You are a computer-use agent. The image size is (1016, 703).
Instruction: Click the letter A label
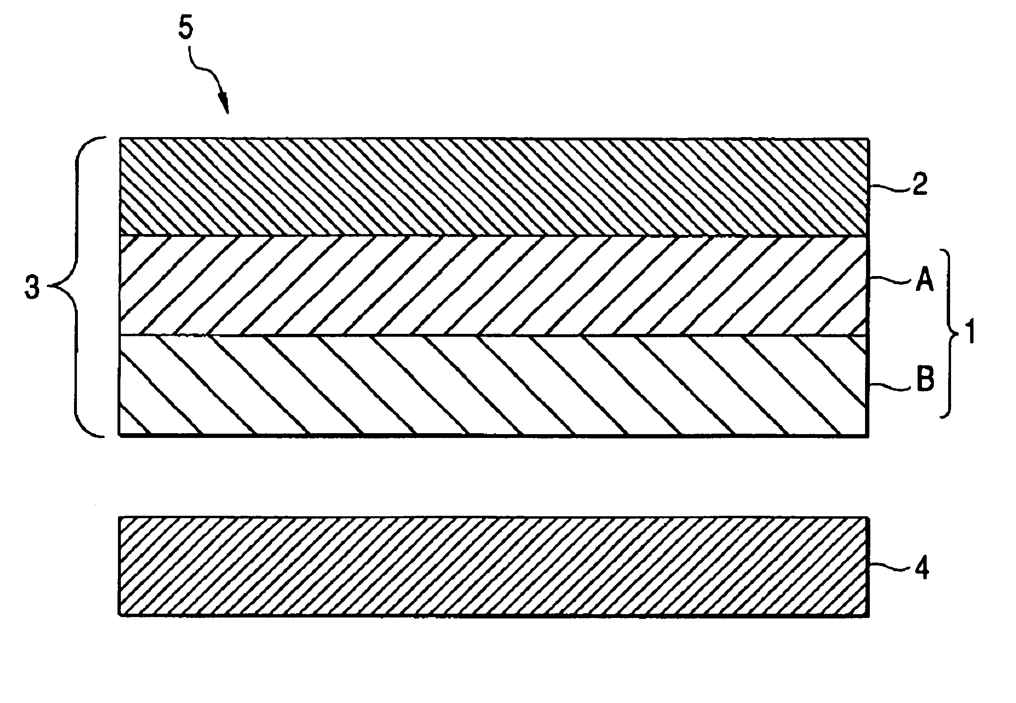[923, 282]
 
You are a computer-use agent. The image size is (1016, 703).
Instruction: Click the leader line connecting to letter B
[891, 387]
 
